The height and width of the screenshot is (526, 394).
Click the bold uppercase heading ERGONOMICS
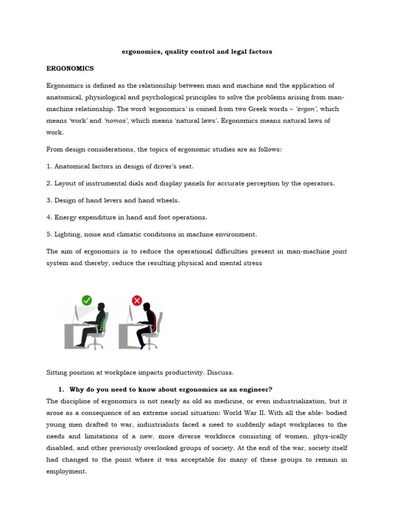pos(70,68)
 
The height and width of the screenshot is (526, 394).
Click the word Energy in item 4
pos(66,217)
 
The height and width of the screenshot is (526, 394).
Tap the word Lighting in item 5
pos(69,234)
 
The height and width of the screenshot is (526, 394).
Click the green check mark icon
pos(87,300)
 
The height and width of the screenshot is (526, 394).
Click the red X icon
pos(137,300)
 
